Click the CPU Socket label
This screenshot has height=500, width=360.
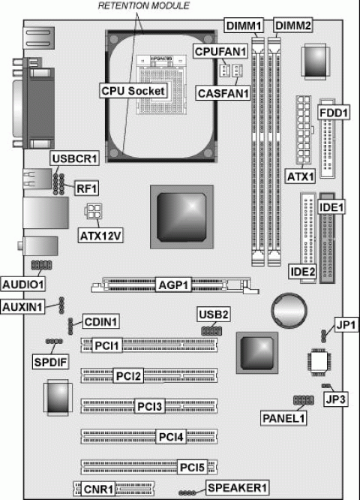(133, 91)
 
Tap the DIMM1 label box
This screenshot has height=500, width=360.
(244, 26)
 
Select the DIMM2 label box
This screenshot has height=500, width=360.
(293, 26)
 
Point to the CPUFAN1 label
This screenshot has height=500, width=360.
(220, 51)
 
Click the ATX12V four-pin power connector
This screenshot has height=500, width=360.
(93, 211)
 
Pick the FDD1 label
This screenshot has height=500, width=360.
(334, 113)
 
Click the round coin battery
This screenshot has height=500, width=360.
(289, 310)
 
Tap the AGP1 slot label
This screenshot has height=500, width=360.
(174, 285)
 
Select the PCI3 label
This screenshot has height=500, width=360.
(149, 407)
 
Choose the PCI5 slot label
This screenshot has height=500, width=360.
(192, 468)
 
